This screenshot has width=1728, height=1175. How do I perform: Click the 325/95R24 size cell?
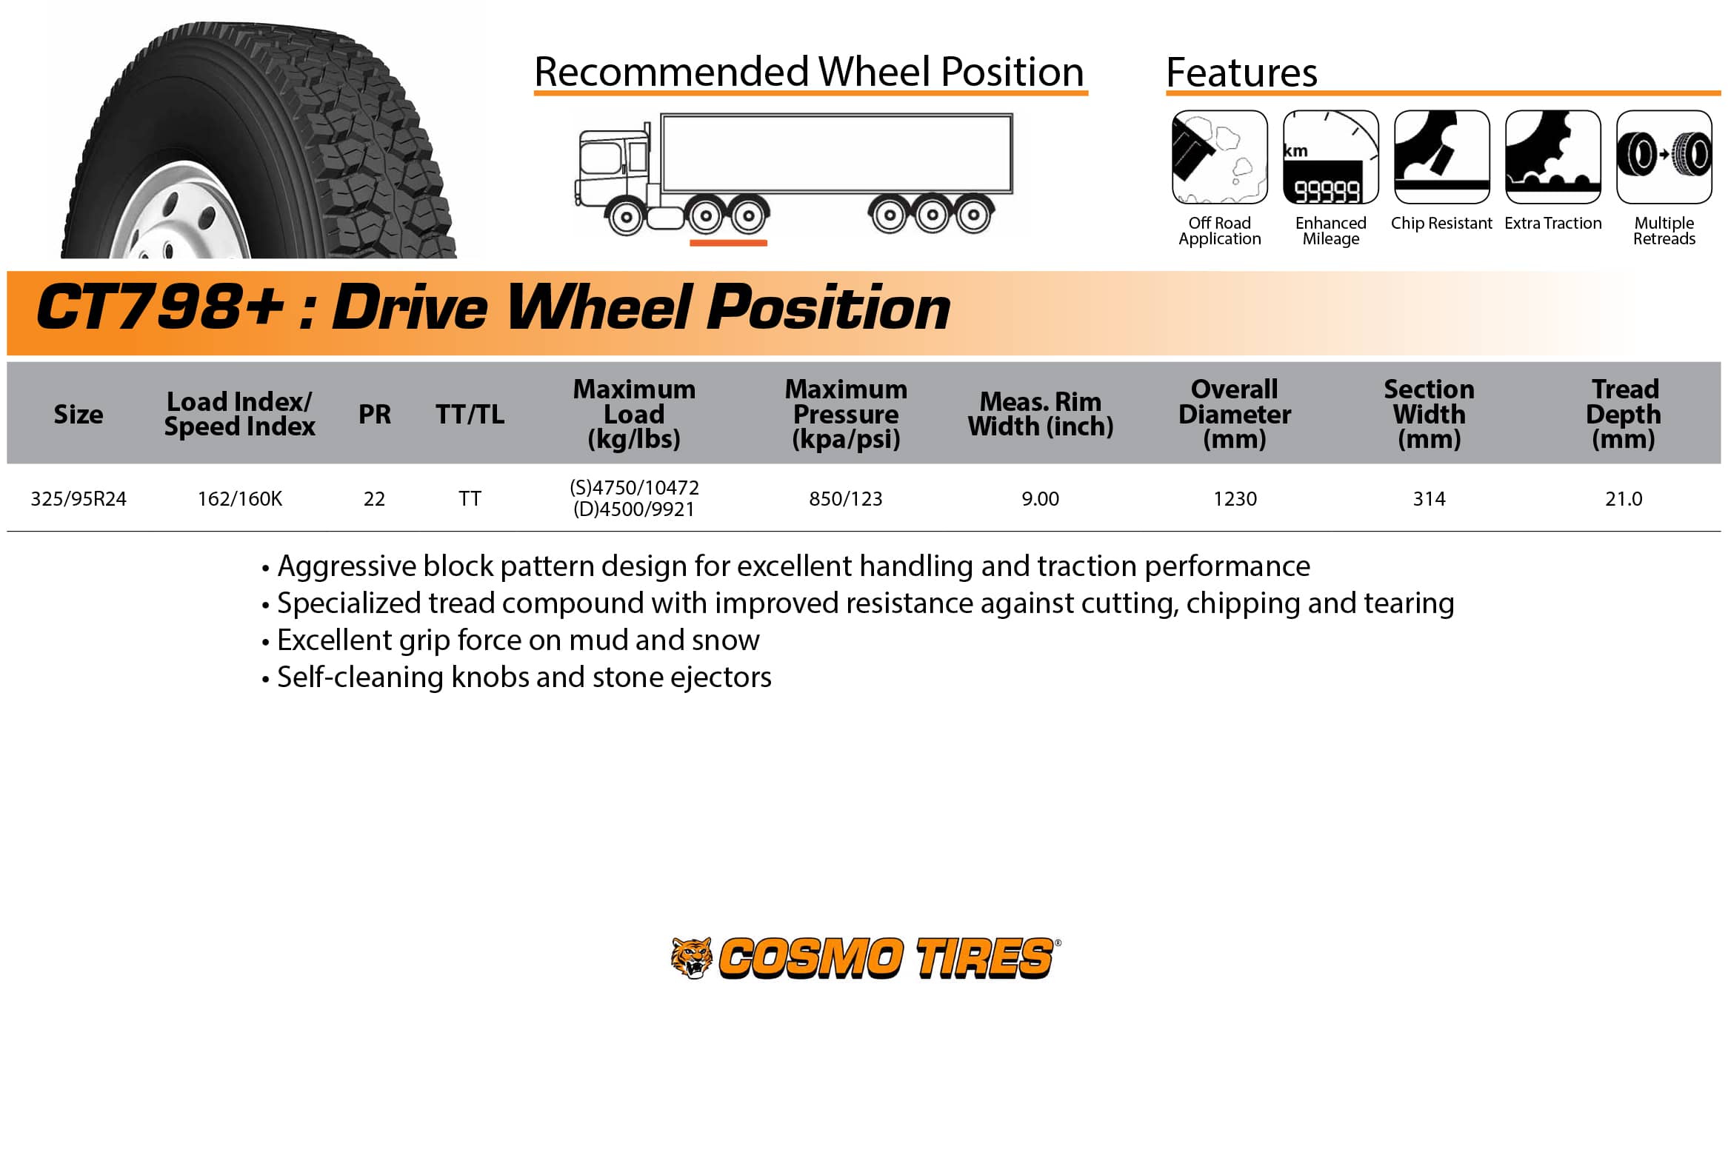tap(78, 499)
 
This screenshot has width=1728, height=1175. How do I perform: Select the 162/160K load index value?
tap(239, 499)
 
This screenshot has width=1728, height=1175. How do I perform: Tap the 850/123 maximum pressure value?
tap(845, 499)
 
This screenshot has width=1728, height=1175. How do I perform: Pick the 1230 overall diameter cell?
tap(1234, 499)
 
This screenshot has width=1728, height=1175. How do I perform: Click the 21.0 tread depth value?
tap(1623, 499)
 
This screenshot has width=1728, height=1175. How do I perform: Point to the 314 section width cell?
tap(1428, 499)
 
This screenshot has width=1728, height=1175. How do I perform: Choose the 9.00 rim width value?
tap(1039, 499)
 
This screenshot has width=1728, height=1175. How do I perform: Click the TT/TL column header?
tap(470, 414)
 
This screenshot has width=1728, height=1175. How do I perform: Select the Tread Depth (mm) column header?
tap(1623, 414)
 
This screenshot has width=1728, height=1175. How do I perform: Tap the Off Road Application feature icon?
tap(1219, 157)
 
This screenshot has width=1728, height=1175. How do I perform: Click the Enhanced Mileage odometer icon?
tap(1330, 157)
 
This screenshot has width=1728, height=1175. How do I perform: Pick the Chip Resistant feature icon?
tap(1442, 157)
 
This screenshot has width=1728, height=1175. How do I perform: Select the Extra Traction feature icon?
tap(1552, 157)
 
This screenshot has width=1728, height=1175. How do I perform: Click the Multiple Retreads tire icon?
tap(1664, 157)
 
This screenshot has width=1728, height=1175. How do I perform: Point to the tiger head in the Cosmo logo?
tap(692, 957)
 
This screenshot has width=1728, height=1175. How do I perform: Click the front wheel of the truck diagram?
tap(626, 217)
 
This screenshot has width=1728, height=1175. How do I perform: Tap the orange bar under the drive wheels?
tap(728, 243)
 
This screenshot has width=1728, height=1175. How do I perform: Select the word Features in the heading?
tap(1241, 72)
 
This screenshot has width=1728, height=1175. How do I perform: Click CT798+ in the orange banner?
tap(160, 307)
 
